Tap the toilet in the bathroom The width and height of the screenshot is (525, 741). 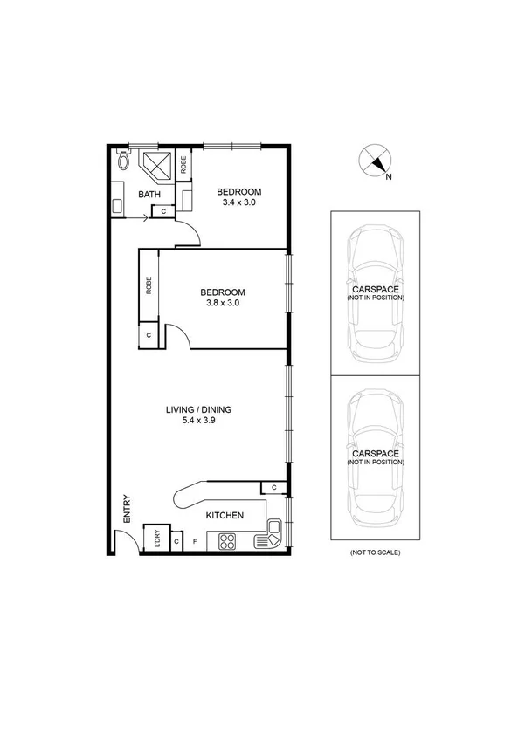(122, 161)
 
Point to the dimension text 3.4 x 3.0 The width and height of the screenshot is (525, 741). (238, 202)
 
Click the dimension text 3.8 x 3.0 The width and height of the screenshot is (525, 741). (222, 303)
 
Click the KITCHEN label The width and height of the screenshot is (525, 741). (225, 516)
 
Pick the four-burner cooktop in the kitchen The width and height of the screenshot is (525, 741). (230, 541)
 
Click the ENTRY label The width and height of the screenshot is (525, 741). (128, 509)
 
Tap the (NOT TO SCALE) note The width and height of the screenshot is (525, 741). (375, 553)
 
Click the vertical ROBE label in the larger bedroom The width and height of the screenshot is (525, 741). (149, 285)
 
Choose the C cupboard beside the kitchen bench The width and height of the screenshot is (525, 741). (273, 486)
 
